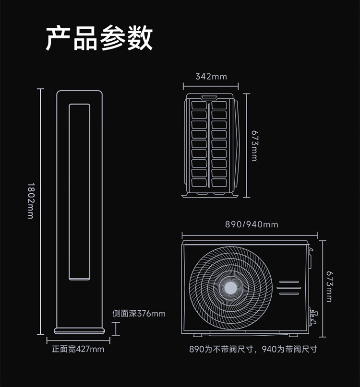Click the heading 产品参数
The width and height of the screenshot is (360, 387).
click(99, 38)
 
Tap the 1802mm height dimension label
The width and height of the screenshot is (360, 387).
click(31, 201)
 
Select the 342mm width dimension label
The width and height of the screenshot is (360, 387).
click(211, 76)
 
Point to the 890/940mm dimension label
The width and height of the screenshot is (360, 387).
click(252, 224)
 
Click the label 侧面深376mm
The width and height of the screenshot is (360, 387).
click(139, 314)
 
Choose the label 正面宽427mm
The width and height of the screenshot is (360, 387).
click(78, 349)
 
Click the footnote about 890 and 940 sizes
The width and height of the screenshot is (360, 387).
click(253, 349)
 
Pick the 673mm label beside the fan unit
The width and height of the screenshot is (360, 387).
click(329, 286)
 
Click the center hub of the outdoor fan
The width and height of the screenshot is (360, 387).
click(231, 287)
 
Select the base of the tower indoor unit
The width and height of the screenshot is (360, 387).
click(80, 330)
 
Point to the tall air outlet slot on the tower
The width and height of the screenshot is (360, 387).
click(80, 191)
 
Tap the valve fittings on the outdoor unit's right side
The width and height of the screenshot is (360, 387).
click(314, 315)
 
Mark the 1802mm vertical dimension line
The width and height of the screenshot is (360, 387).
click(41, 211)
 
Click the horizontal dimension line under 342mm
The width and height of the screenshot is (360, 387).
click(211, 86)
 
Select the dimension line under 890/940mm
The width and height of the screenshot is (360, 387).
click(250, 235)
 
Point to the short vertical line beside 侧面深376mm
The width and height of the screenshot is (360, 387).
click(116, 329)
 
